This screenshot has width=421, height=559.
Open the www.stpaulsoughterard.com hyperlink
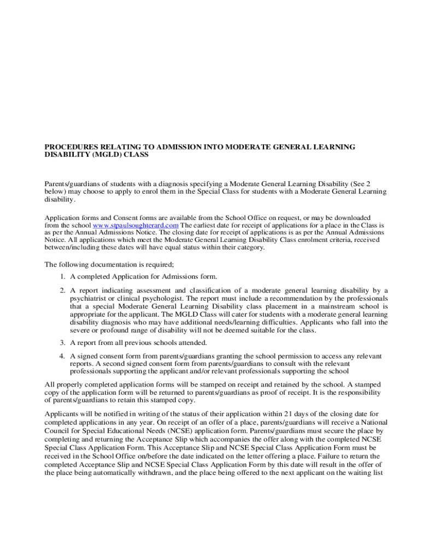click(x=136, y=225)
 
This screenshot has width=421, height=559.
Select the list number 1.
click(x=63, y=276)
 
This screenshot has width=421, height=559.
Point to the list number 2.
click(x=63, y=290)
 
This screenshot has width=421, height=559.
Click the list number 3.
click(x=63, y=342)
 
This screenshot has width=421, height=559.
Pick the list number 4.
click(x=63, y=356)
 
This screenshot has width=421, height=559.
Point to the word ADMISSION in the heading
click(x=183, y=147)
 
